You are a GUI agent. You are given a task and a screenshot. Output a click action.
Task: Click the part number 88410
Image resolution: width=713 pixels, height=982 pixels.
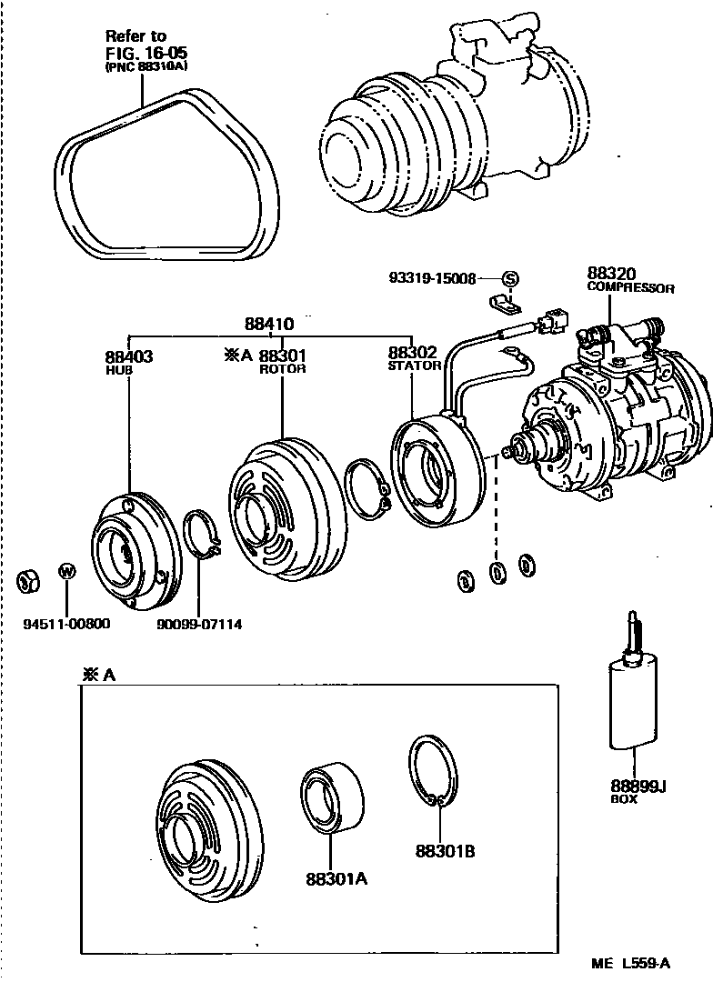pyautogui.click(x=268, y=324)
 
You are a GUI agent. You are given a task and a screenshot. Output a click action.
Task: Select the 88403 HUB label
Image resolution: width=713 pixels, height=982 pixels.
pyautogui.click(x=128, y=361)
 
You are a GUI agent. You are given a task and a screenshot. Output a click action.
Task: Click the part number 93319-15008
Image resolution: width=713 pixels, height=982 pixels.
pyautogui.click(x=430, y=278)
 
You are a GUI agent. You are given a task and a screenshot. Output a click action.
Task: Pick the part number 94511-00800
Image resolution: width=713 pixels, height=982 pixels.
pyautogui.click(x=66, y=623)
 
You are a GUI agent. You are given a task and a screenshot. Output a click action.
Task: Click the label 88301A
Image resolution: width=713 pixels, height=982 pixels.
pyautogui.click(x=336, y=878)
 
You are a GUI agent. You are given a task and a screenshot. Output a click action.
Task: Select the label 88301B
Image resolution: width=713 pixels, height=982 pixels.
pyautogui.click(x=446, y=851)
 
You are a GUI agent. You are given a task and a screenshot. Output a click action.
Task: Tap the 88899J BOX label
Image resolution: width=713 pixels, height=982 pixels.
pyautogui.click(x=638, y=791)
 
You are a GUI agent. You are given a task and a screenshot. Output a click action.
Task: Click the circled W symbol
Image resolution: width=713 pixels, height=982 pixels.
pyautogui.click(x=66, y=571)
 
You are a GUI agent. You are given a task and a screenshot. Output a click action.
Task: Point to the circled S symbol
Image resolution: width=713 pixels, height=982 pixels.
pyautogui.click(x=509, y=278)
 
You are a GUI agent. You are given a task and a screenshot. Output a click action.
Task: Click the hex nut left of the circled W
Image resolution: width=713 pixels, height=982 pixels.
pyautogui.click(x=28, y=578)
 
